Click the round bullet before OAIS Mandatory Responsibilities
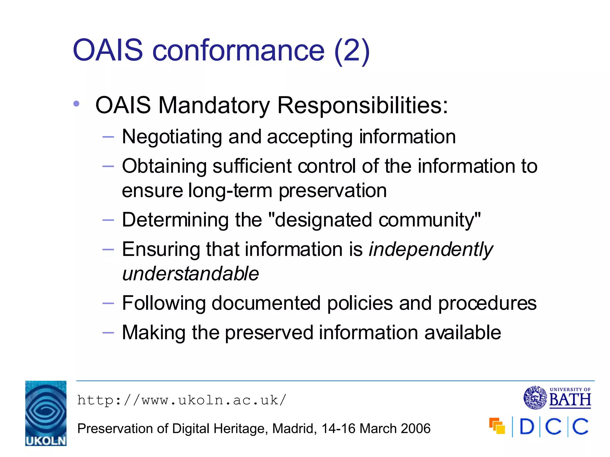pos(77,104)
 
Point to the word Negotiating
pos(172,137)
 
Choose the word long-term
pos(230,190)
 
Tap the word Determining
pos(175,220)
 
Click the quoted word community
pos(426,220)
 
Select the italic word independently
pos(431,249)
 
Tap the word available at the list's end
pos(462,332)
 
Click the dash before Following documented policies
pos(108,303)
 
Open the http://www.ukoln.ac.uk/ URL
pos(182,400)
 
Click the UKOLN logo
pos(46,413)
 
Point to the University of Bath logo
pos(557,397)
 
